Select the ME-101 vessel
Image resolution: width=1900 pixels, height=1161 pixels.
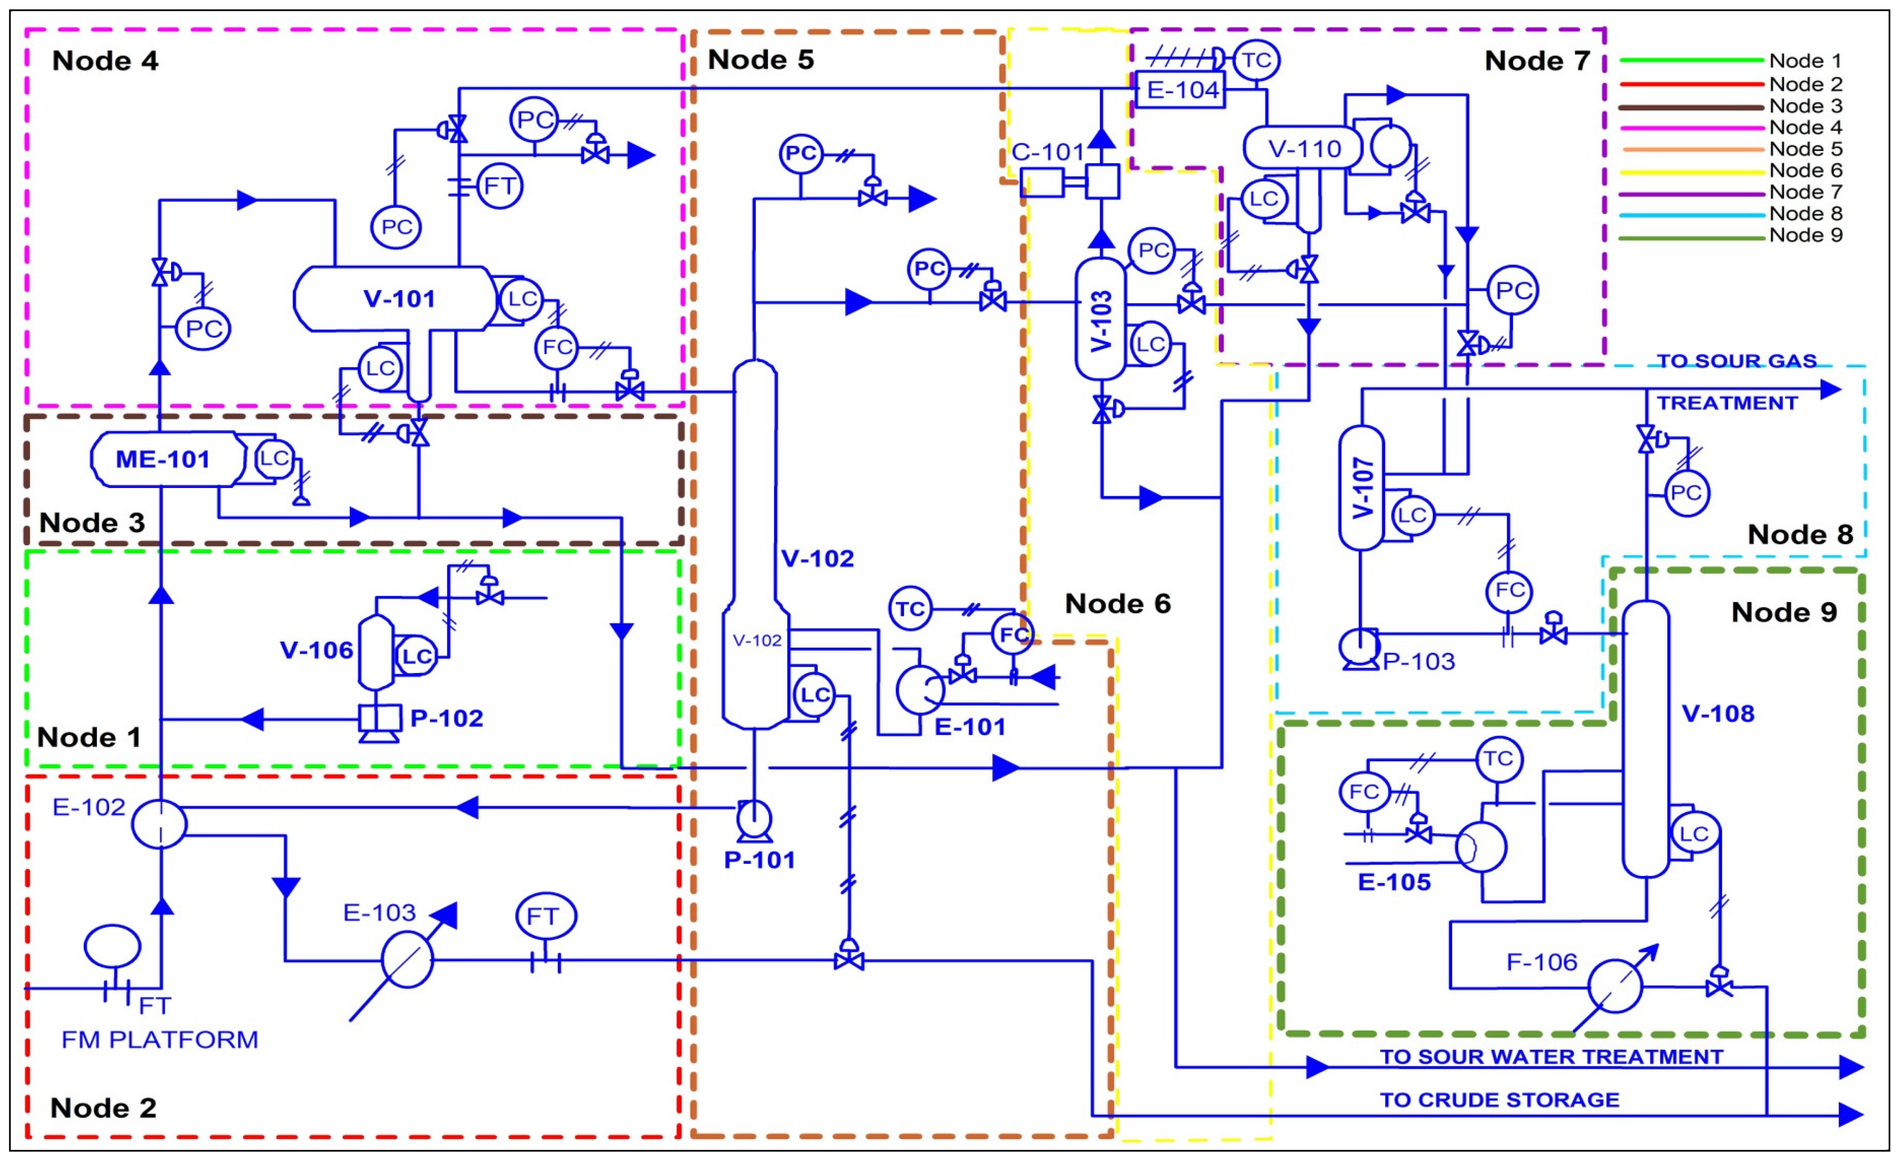[164, 459]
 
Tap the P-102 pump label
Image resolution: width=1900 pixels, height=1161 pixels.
[446, 718]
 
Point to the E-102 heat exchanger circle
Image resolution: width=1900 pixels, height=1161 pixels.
[160, 823]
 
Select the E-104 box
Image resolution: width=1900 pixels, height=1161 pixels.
[1181, 90]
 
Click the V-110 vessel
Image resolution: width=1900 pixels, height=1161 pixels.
[1303, 148]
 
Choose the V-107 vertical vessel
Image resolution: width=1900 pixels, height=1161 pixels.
[1362, 488]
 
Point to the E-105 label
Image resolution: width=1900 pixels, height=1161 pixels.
[1394, 882]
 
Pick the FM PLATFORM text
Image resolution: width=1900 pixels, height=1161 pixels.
[160, 1039]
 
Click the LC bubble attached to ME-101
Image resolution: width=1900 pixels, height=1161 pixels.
[274, 458]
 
